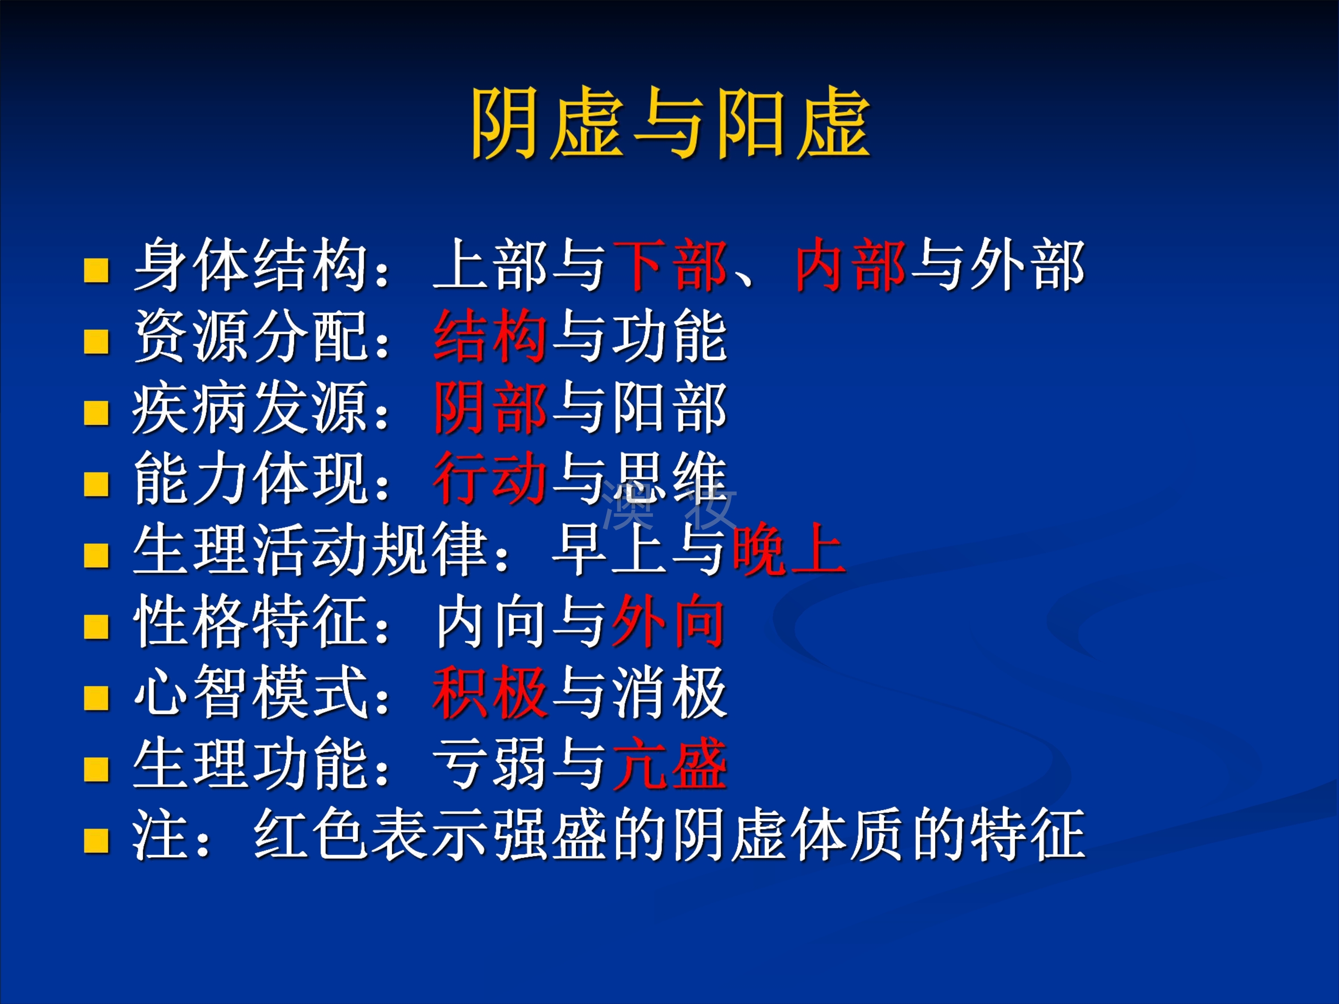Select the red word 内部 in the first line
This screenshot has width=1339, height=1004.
[x=851, y=265]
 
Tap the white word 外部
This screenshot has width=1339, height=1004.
[x=1027, y=265]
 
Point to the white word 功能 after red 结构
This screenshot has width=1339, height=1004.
[x=669, y=336]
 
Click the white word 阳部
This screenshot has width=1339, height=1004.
[x=669, y=407]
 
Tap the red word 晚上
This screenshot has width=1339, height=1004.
[x=788, y=549]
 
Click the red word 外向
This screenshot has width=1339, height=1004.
[x=669, y=621]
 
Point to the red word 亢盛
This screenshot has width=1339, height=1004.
[x=669, y=763]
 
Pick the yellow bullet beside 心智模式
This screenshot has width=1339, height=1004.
[x=96, y=698]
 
